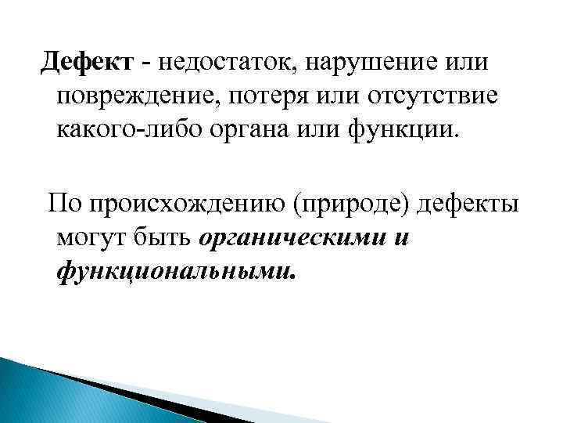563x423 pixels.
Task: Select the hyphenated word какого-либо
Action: click(145, 128)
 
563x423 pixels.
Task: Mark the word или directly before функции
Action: click(360, 128)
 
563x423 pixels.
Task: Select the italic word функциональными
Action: click(177, 271)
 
